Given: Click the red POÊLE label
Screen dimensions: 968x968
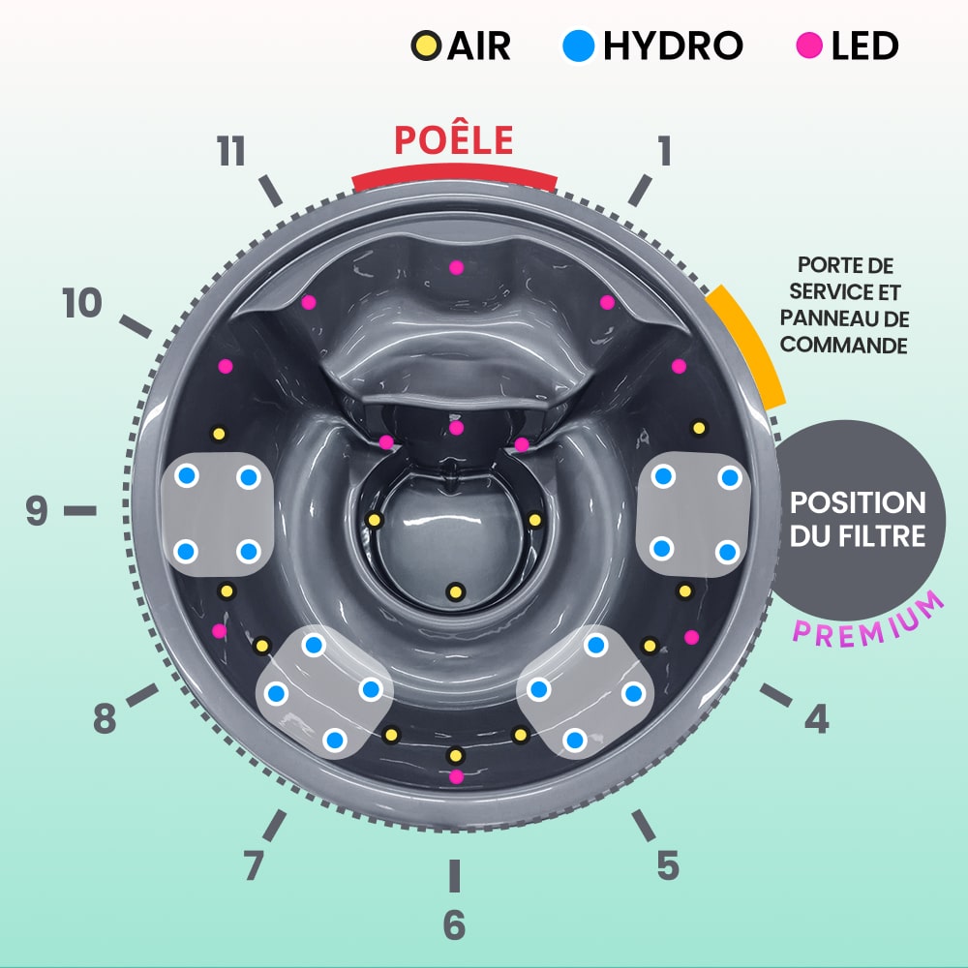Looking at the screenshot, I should (453, 140).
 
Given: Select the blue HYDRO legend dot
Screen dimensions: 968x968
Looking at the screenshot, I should (578, 45).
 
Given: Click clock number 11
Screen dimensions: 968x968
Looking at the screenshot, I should (230, 153).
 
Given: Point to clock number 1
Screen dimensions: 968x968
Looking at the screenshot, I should (663, 151).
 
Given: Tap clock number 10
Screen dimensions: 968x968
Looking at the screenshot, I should (82, 304).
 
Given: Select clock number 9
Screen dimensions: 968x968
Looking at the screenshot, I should (37, 510).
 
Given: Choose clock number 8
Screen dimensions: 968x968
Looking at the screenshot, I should (106, 719).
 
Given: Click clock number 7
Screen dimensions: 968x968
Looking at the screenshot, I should (254, 864).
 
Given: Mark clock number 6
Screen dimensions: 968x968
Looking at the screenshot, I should (454, 924).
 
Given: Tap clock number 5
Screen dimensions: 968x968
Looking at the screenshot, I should (667, 864).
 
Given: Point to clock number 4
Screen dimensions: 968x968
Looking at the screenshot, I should (817, 717).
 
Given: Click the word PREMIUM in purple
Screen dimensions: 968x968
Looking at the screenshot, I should (868, 620).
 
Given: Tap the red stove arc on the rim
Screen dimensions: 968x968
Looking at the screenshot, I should (454, 177).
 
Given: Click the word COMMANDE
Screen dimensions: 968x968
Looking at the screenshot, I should (843, 345).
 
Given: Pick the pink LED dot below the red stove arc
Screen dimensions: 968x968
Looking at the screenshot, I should (456, 267).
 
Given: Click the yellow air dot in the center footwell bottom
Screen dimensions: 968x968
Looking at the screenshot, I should (454, 590).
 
